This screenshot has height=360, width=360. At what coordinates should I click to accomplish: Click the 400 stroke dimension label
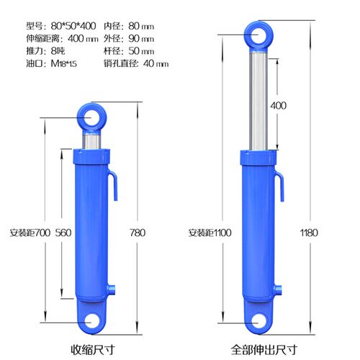278,106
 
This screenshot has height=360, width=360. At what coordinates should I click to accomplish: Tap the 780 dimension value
138,233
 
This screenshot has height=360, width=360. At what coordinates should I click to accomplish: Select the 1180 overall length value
309,233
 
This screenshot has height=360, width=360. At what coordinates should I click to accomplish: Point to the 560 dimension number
63,233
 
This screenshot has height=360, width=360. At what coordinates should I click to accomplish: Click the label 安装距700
30,233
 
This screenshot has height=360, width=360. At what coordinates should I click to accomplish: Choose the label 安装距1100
210,233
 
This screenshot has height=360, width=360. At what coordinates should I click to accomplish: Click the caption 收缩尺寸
93,350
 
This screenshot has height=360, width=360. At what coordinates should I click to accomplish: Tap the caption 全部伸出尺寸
264,350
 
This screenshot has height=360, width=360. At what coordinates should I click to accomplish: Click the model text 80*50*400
73,26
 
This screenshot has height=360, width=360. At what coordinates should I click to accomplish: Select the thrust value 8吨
58,51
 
